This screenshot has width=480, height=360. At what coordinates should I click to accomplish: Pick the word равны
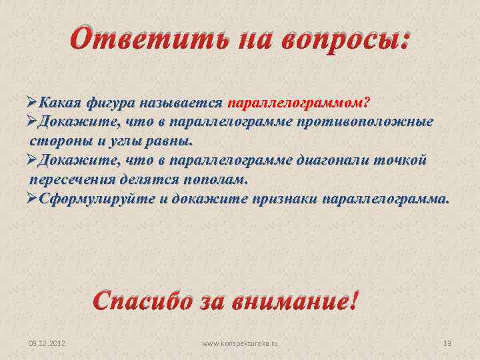pos(169,142)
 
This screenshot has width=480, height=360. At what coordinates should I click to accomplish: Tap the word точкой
pos(402,161)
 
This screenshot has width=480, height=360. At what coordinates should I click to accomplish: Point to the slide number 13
pos(447,343)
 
